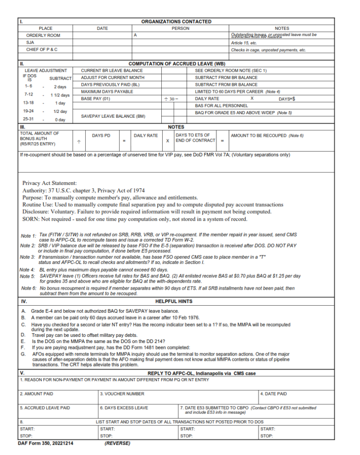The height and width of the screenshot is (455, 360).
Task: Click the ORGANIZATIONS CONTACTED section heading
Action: pos(176,21)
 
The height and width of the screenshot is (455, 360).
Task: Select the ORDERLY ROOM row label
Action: pos(43,35)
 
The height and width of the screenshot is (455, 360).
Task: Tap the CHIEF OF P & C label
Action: pos(42,50)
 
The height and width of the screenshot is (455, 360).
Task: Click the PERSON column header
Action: pos(180,28)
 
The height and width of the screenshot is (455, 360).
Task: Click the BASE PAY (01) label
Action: pos(95,99)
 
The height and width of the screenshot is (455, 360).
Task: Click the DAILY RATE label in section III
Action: pos(146,135)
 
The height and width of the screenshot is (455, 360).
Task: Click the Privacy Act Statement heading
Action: pos(49,183)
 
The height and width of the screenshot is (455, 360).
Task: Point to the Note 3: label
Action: pos(28,257)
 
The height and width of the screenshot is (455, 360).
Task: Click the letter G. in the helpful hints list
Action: pos(23,354)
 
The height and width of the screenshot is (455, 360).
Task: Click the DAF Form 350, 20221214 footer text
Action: pos(46,443)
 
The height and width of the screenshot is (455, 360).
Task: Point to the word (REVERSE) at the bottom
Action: pos(117,443)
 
